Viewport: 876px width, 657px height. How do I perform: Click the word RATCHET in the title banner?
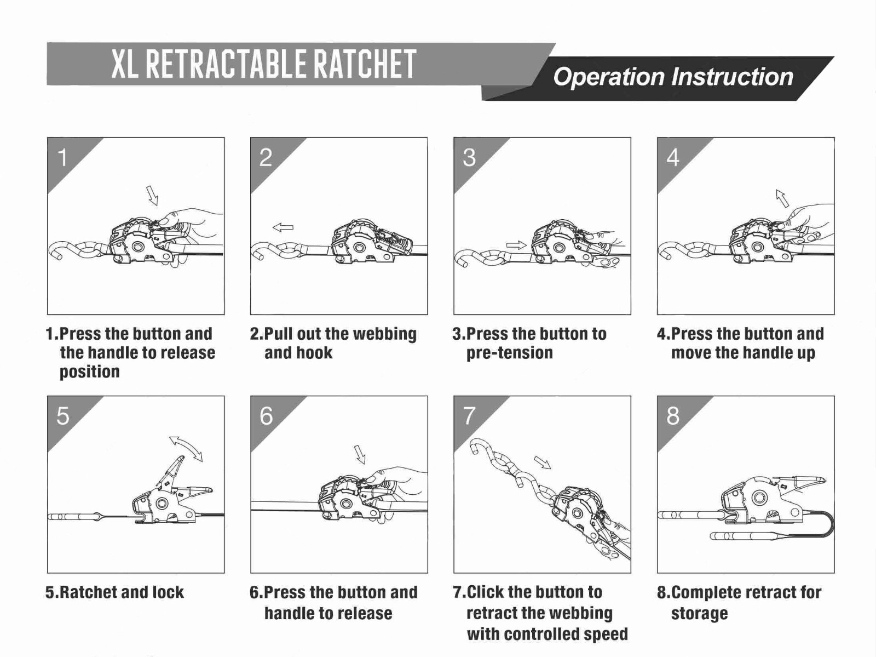(x=364, y=64)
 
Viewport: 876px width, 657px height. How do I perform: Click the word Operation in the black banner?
(x=608, y=77)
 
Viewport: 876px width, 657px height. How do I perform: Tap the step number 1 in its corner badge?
(x=62, y=158)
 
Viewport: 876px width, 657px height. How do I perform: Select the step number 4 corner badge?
(x=673, y=158)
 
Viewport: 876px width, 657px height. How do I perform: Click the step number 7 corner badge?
(x=469, y=416)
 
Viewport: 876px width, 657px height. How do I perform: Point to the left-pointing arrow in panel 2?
(x=283, y=227)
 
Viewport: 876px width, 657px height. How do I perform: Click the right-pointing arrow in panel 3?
(x=516, y=245)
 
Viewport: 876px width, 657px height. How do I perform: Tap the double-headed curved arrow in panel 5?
(x=186, y=448)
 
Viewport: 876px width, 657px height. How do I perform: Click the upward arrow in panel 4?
(x=782, y=198)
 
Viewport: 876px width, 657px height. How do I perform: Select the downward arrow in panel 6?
(x=360, y=454)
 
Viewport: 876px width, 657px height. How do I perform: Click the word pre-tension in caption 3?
(x=509, y=353)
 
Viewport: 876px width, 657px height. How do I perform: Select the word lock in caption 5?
(x=168, y=592)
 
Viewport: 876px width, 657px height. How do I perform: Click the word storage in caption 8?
(x=699, y=613)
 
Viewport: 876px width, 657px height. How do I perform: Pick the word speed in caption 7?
(x=605, y=634)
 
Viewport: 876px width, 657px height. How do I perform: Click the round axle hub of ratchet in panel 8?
(x=758, y=498)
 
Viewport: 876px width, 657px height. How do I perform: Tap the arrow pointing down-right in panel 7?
(x=542, y=462)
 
